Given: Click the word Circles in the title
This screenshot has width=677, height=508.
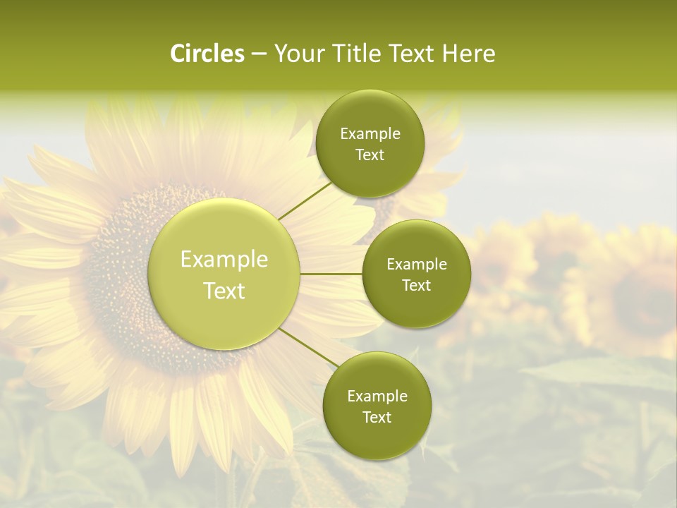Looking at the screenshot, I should (x=207, y=54).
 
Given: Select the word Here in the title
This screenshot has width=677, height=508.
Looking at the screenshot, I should (x=468, y=54).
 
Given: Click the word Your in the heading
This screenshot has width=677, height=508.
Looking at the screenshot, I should (x=299, y=54).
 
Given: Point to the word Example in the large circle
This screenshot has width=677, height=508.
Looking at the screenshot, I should (x=224, y=260).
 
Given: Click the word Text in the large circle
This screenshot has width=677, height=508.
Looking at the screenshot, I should (x=224, y=291).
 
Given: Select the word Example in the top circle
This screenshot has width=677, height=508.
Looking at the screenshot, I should (x=370, y=134).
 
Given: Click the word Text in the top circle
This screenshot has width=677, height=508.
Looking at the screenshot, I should (x=370, y=155).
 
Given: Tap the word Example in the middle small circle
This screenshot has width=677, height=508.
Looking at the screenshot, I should (x=417, y=265).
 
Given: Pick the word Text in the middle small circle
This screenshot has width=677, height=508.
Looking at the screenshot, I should (x=416, y=286).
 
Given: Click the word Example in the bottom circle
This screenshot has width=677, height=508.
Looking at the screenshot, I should (x=377, y=397).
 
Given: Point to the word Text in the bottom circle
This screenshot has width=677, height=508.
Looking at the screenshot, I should (x=377, y=418).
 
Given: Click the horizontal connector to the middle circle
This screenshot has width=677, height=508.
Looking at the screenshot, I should (x=331, y=274).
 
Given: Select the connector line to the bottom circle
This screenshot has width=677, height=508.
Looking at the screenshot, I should (x=307, y=348).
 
